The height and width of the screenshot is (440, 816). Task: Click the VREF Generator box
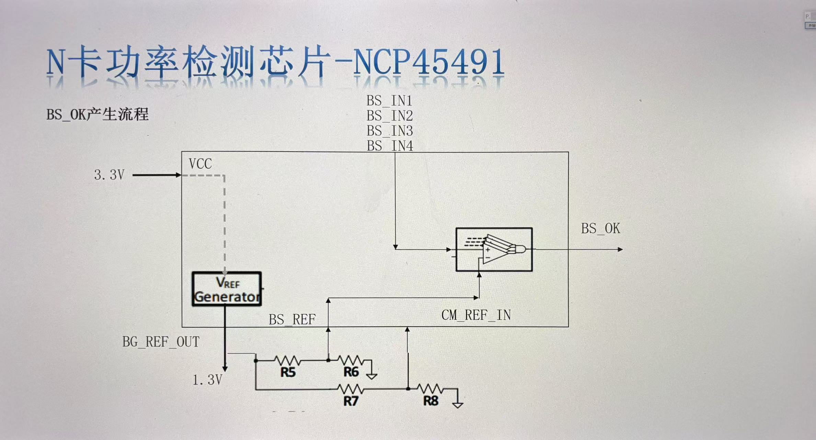point(227,289)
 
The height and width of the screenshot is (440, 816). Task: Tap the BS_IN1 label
point(389,101)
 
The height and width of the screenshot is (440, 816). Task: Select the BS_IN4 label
point(390,146)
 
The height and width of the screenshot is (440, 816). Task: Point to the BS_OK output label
point(600,229)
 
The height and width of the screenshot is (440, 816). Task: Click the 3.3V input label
point(109,175)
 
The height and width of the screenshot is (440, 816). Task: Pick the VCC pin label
point(200,164)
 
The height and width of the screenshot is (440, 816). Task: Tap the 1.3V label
point(207,380)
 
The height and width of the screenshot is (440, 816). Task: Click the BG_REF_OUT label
point(161,342)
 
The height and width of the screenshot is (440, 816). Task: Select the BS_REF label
point(292,320)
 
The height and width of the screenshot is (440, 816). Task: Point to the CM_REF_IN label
point(476,315)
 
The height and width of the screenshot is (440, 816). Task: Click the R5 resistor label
point(288,372)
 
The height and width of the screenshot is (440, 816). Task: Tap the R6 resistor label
point(351,372)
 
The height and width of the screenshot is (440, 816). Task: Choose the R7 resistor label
point(350,401)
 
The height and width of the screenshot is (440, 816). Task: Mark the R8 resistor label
point(430,401)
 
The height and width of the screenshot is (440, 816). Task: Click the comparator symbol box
point(494,250)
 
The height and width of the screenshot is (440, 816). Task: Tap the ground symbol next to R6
point(371,375)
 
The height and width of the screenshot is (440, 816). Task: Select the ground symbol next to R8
point(458,404)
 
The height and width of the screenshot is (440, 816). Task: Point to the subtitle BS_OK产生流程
point(97,114)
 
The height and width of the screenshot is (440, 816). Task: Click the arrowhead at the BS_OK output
point(620,250)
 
